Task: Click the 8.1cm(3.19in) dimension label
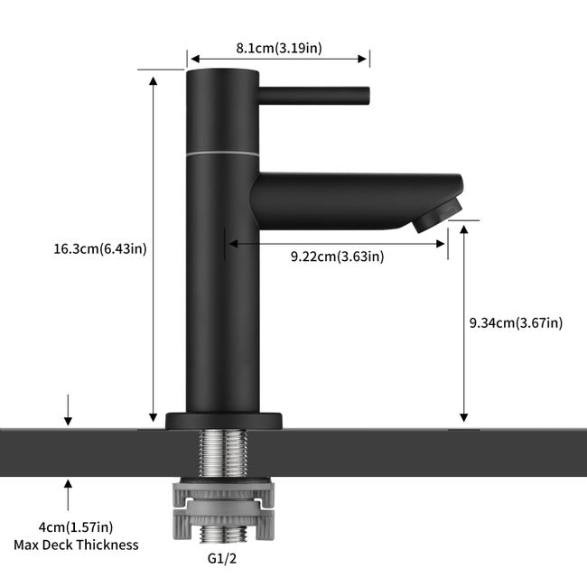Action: [278, 48]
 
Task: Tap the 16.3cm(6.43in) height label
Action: [100, 249]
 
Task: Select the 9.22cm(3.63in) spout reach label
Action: [338, 256]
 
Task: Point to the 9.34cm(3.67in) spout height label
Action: [516, 322]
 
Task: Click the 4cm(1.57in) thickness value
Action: [76, 527]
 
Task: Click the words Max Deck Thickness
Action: [76, 545]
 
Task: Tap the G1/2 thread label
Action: [222, 558]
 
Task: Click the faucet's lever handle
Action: [313, 96]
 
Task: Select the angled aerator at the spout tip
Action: [437, 215]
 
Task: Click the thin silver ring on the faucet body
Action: [223, 154]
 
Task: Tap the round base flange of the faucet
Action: [223, 421]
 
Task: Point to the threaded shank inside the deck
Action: [223, 453]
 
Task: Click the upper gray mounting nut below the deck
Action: [223, 494]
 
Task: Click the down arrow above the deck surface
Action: [68, 410]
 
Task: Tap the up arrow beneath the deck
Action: [68, 495]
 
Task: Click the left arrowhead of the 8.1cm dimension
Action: [196, 59]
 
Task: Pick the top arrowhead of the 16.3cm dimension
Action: [154, 81]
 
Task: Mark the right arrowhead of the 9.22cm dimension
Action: [440, 244]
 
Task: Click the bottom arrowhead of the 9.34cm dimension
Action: [464, 417]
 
